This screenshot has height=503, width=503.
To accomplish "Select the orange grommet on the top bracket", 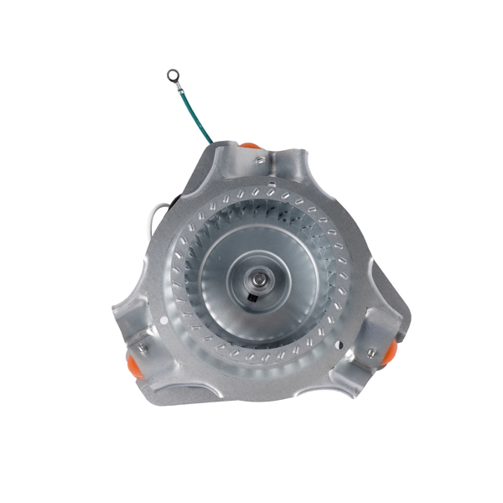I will click(x=251, y=147).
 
